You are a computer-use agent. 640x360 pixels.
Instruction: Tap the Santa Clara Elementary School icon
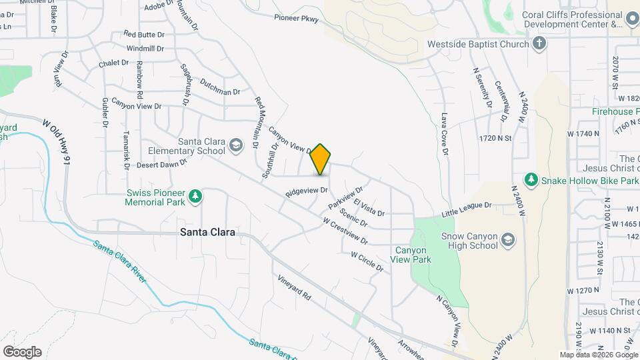(235, 145)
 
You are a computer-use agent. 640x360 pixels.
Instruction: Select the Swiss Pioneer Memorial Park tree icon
(195, 196)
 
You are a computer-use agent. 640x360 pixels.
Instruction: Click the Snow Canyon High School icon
(507, 240)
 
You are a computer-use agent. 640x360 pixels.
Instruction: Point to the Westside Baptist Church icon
(539, 44)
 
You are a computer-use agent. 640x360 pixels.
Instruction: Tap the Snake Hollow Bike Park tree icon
(531, 180)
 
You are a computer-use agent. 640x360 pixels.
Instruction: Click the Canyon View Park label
(413, 255)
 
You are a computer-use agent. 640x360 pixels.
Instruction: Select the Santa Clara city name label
(207, 232)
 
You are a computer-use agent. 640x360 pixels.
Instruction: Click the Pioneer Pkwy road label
(297, 18)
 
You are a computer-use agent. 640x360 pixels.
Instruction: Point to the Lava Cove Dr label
(444, 134)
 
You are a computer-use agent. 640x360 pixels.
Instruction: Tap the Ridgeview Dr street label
(307, 191)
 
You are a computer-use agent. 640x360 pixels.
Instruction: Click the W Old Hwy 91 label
(57, 142)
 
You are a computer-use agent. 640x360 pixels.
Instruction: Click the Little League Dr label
(467, 210)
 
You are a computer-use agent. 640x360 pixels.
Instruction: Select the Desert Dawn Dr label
(163, 164)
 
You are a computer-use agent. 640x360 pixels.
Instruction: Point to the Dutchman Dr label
(219, 91)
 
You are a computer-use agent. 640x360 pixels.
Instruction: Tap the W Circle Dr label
(367, 262)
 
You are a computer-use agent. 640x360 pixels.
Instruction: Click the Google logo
(22, 352)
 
